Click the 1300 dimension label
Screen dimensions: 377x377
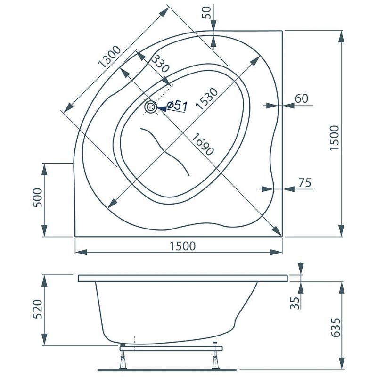pyautogui.click(x=110, y=57)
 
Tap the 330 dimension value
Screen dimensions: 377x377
pyautogui.click(x=160, y=64)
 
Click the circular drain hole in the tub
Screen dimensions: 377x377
pyautogui.click(x=151, y=107)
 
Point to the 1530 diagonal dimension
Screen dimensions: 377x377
pyautogui.click(x=206, y=99)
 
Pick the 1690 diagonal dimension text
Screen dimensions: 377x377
pyautogui.click(x=203, y=144)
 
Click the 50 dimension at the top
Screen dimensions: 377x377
pyautogui.click(x=206, y=13)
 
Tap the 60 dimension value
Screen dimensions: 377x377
pyautogui.click(x=302, y=98)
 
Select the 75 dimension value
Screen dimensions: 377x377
pyautogui.click(x=304, y=183)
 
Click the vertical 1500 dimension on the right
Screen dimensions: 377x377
pyautogui.click(x=334, y=138)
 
